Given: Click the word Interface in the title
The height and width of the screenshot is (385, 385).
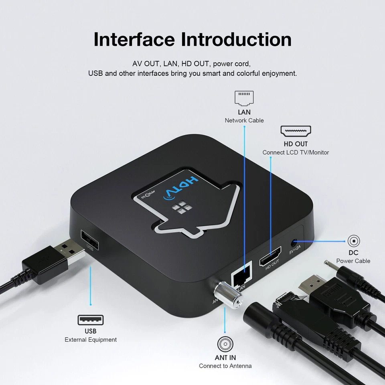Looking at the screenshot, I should [x=134, y=39].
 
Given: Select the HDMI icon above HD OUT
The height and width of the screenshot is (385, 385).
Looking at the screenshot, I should [x=296, y=132].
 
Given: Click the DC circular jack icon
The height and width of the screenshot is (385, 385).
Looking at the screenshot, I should [x=353, y=241].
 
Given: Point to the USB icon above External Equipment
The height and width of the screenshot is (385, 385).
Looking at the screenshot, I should [x=90, y=320].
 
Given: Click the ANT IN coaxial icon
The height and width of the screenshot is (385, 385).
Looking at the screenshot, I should [x=225, y=344].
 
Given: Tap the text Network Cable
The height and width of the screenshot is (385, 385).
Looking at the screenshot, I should [x=244, y=120].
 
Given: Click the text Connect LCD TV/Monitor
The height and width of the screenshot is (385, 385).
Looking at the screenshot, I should [x=296, y=152].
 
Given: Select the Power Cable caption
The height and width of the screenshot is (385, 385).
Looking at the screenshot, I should [x=353, y=261].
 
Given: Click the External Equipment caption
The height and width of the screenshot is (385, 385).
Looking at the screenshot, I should [x=91, y=340].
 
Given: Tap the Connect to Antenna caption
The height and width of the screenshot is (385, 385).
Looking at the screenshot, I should [x=225, y=366].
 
